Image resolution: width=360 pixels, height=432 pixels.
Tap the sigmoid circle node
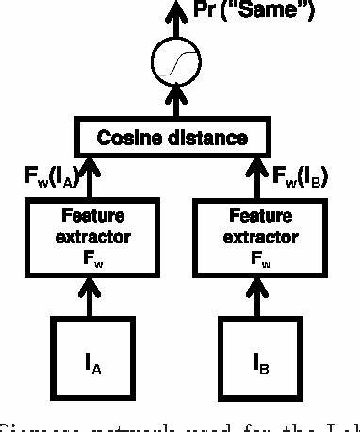click(172, 64)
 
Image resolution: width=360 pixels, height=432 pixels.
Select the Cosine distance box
click(173, 138)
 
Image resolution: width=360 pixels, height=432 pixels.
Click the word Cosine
click(132, 139)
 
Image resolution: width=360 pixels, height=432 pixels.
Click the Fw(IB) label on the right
click(299, 176)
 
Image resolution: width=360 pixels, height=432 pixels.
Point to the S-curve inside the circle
click(172, 64)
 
